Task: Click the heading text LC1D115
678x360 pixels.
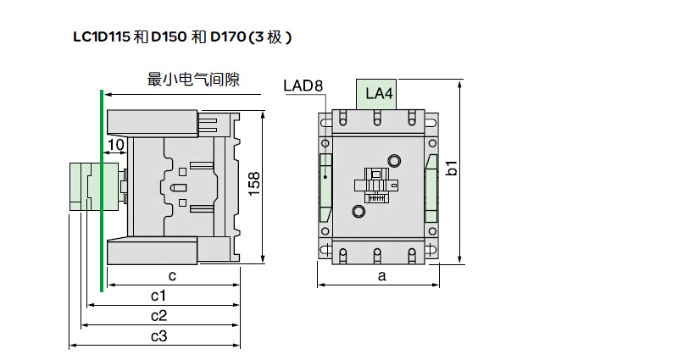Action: pyautogui.click(x=103, y=37)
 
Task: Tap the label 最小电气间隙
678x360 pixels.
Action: pyautogui.click(x=193, y=80)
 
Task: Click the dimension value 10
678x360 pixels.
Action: pyautogui.click(x=116, y=145)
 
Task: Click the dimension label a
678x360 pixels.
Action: pyautogui.click(x=381, y=275)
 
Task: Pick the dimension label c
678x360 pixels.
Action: pyautogui.click(x=171, y=275)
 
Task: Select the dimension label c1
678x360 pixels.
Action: pyautogui.click(x=158, y=295)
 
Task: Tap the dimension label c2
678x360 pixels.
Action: pyautogui.click(x=158, y=315)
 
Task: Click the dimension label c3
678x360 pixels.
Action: pyautogui.click(x=158, y=335)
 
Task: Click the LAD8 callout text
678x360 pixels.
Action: pyautogui.click(x=303, y=86)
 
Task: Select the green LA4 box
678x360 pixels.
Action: pyautogui.click(x=379, y=93)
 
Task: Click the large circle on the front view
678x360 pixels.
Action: pyautogui.click(x=394, y=161)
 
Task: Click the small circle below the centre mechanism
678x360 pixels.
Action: pyautogui.click(x=358, y=211)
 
